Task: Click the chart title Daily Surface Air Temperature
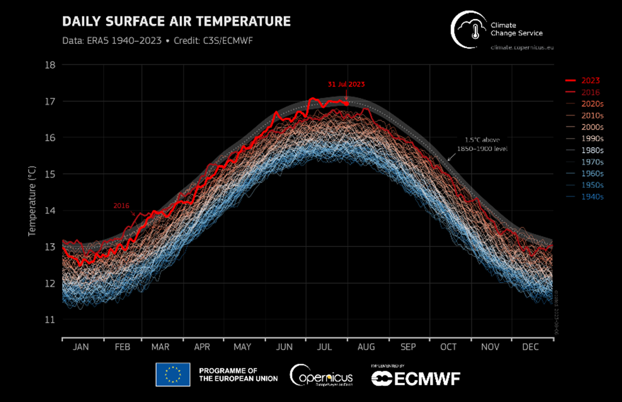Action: click(177, 22)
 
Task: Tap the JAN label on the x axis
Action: click(81, 347)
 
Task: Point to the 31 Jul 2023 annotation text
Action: click(346, 85)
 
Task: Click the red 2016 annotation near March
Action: click(122, 205)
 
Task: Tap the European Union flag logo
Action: click(173, 374)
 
